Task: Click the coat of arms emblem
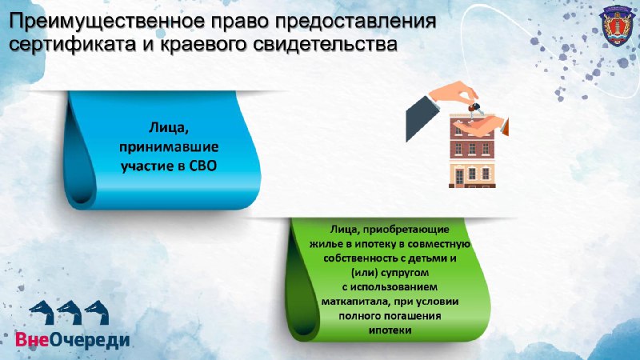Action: point(616,26)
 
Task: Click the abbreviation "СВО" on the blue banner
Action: point(203,166)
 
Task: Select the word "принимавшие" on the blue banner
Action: point(169,147)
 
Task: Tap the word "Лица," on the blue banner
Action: point(169,128)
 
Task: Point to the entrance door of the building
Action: point(459,177)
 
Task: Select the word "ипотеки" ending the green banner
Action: point(390,330)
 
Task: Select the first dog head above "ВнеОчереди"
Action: point(42,312)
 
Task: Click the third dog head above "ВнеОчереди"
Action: point(97,312)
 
